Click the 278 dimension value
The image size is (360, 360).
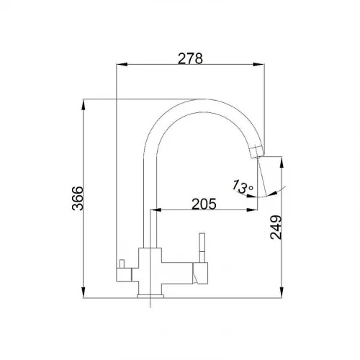point(190,58)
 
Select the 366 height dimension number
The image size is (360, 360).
point(78,198)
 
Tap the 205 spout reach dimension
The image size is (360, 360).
point(204,204)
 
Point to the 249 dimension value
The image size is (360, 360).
point(276,228)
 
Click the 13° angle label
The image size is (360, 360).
point(243,186)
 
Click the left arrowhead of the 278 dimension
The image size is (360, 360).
point(122,64)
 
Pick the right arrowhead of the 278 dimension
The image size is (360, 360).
point(258,64)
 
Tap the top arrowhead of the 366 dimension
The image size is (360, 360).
point(84,104)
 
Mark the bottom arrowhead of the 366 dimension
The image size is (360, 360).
point(84,292)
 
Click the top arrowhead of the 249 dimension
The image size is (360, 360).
point(282,162)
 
